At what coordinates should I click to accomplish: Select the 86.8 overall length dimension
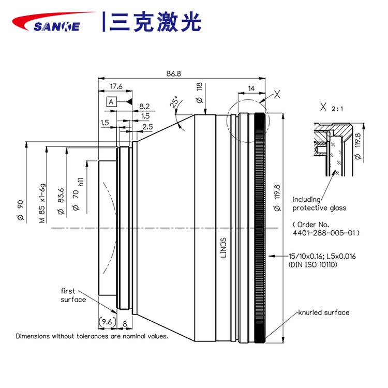pos(174,73)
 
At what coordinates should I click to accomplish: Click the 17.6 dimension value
pos(116,86)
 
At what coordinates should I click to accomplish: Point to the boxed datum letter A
pos(111,101)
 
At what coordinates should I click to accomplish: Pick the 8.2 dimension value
pos(145,106)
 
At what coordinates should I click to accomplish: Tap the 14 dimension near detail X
pos(251,89)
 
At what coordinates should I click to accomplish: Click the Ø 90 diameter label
pos(21,210)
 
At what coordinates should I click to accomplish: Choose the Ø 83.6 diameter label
pos(61,201)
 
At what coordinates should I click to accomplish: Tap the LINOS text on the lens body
pos(223,246)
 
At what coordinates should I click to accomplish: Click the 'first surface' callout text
pos(73,295)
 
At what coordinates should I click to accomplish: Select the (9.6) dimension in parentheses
pos(106,321)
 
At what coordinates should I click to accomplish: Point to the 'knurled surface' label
pos(323,312)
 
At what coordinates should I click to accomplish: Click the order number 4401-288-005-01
pos(325,233)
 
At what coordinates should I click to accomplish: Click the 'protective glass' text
pos(319,208)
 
